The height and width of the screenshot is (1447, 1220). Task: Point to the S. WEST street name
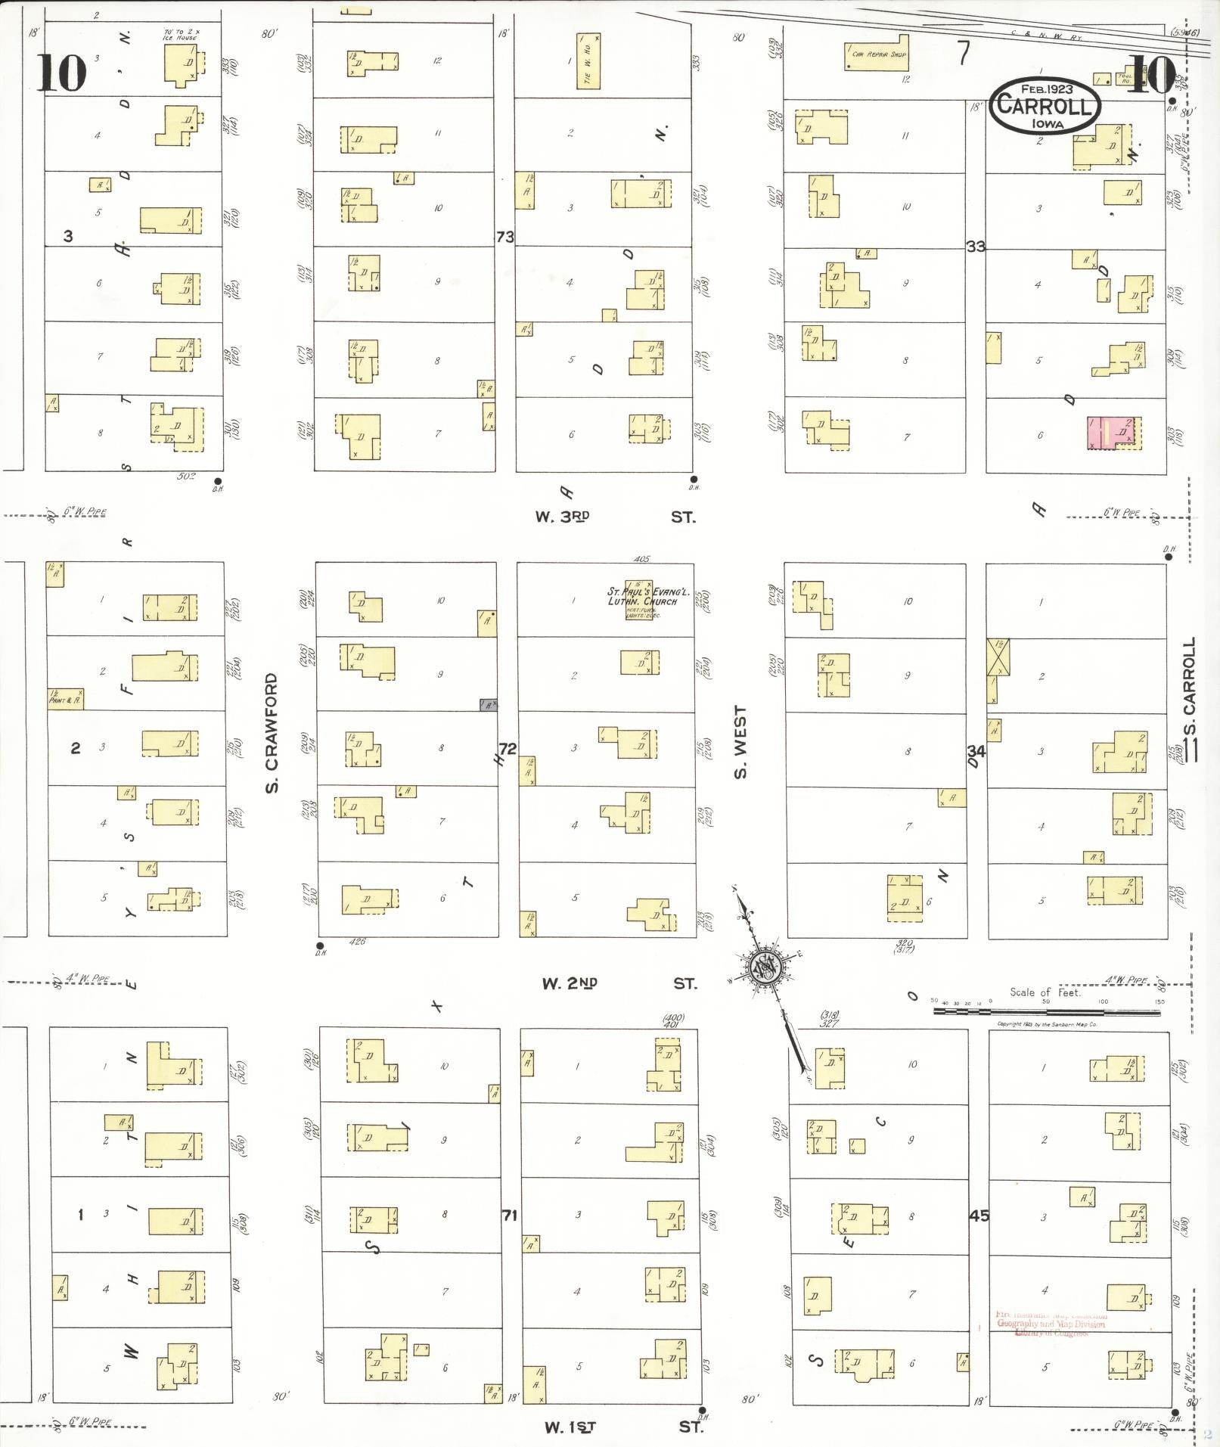point(740,741)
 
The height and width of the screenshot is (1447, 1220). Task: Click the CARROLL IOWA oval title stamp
point(1045,105)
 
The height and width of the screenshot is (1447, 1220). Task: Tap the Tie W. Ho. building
point(588,60)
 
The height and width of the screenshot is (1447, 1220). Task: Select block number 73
point(504,237)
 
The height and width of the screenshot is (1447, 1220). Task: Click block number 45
point(979,1216)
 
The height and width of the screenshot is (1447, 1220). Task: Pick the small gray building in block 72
point(489,704)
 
